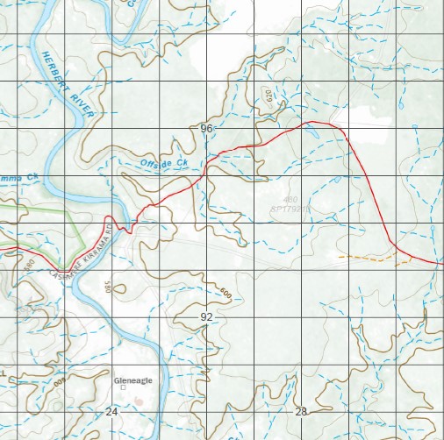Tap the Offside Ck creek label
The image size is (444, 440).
tap(164, 163)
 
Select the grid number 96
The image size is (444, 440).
tap(206, 129)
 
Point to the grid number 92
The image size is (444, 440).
tap(206, 316)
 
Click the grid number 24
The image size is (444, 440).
tap(111, 411)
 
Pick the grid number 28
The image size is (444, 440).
tap(301, 411)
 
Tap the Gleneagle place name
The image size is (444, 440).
tap(134, 381)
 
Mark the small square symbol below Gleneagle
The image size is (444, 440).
tap(124, 396)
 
